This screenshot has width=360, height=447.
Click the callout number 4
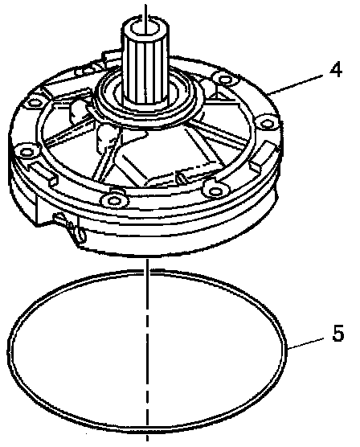coord(335,70)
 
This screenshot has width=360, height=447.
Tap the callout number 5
coord(337,333)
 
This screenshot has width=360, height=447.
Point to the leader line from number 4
coord(295,84)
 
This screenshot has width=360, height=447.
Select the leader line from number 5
coord(305,343)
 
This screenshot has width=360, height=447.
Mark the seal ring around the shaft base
coord(146,98)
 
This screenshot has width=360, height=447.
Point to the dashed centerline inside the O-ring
coord(147,351)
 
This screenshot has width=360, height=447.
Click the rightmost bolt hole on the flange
coord(267,124)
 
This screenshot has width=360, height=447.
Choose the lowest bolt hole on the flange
coord(114,200)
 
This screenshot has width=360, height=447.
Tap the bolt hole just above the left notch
coord(27,151)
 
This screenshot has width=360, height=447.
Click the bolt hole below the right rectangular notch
coord(215,190)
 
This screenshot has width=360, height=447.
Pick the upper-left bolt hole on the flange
coord(34,102)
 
